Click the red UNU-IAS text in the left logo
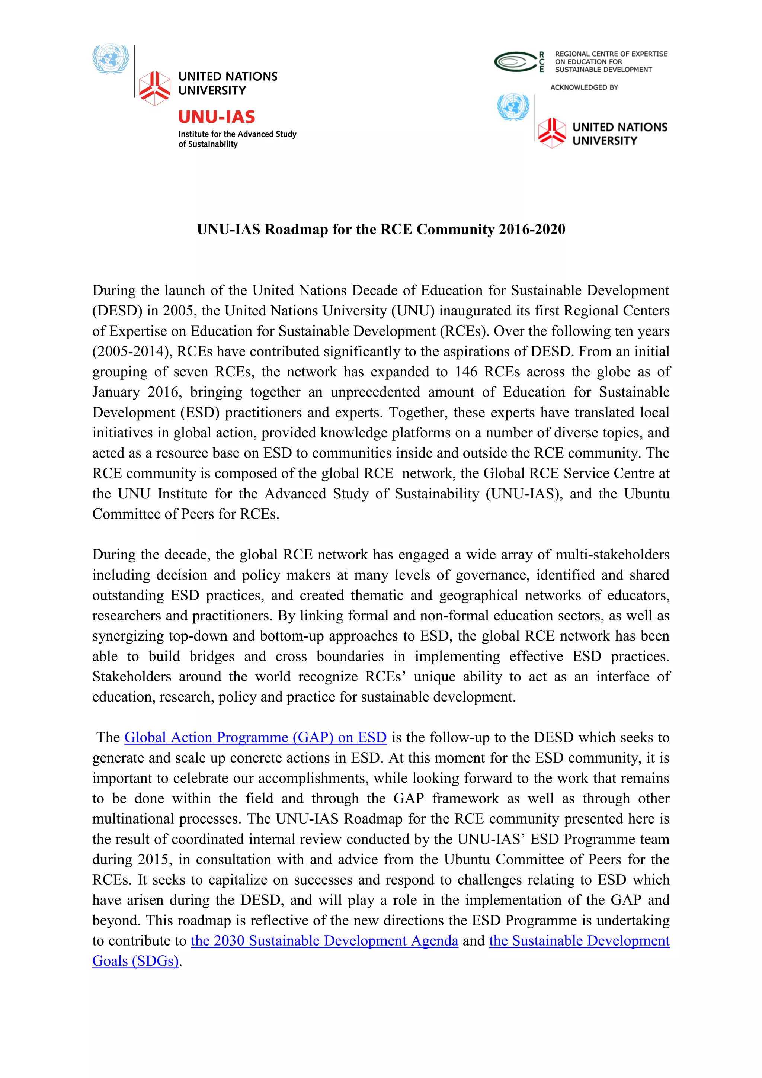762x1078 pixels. tap(217, 116)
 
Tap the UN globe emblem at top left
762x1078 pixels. tap(111, 59)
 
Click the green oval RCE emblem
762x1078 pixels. tap(515, 61)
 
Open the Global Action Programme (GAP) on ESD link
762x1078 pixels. tap(255, 737)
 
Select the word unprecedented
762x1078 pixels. tap(375, 392)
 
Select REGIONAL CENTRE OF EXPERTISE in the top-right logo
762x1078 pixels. tap(611, 54)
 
